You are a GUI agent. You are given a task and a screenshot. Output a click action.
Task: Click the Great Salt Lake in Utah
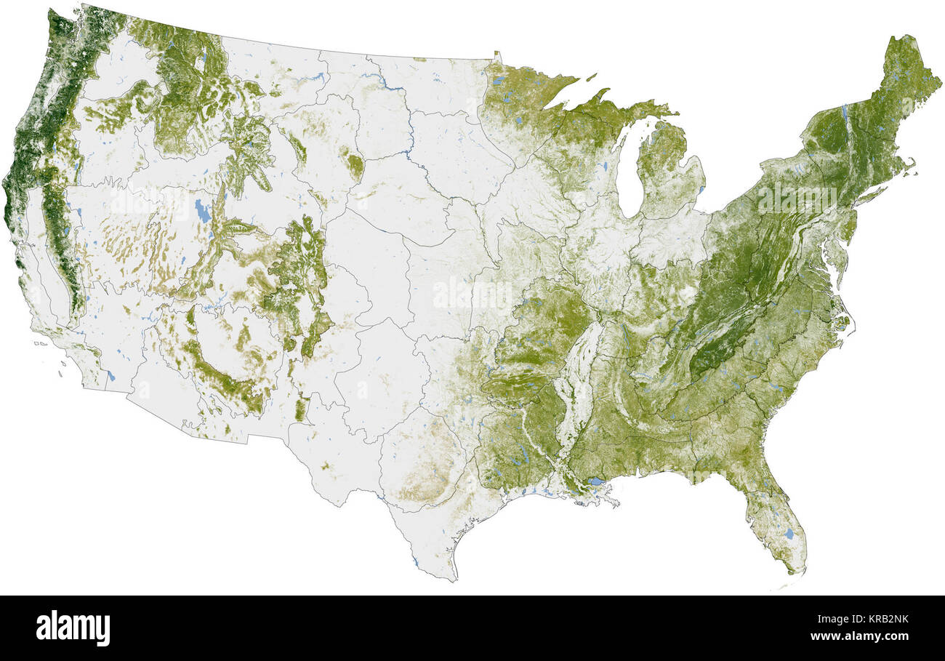[x=202, y=212]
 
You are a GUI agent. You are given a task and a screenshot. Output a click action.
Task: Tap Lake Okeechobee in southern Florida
[x=789, y=534]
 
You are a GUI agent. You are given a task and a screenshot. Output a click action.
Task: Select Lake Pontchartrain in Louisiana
[x=595, y=481]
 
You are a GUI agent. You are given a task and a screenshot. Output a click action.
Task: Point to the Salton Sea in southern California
[x=110, y=376]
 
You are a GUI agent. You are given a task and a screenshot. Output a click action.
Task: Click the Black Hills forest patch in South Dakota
[x=355, y=167]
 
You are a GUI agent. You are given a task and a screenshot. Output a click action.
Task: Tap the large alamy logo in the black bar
[x=73, y=628]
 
